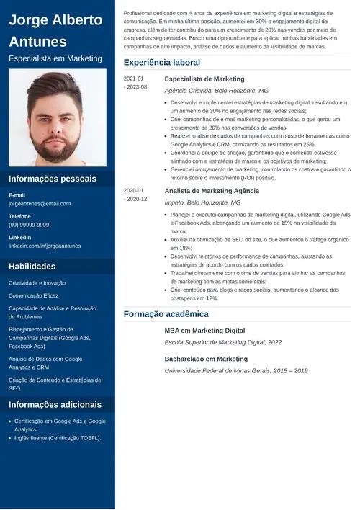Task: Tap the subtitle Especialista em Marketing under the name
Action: [55, 58]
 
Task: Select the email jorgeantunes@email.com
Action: [40, 204]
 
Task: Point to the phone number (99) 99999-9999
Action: [29, 225]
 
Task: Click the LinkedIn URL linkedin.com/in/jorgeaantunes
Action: [45, 246]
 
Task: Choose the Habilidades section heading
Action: [32, 267]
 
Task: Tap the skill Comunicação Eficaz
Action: [34, 295]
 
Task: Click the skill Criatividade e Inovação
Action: [37, 283]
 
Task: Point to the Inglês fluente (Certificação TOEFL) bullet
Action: [58, 438]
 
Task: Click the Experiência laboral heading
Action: [161, 63]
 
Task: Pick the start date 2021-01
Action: [134, 79]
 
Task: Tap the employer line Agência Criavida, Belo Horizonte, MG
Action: [216, 91]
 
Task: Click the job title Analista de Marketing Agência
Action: [212, 191]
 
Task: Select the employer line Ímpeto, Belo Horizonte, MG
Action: [202, 203]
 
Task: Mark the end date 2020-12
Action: [137, 199]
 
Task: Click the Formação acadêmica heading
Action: [166, 314]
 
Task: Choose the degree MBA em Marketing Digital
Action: [204, 331]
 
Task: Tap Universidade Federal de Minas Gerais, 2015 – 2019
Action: [235, 370]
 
